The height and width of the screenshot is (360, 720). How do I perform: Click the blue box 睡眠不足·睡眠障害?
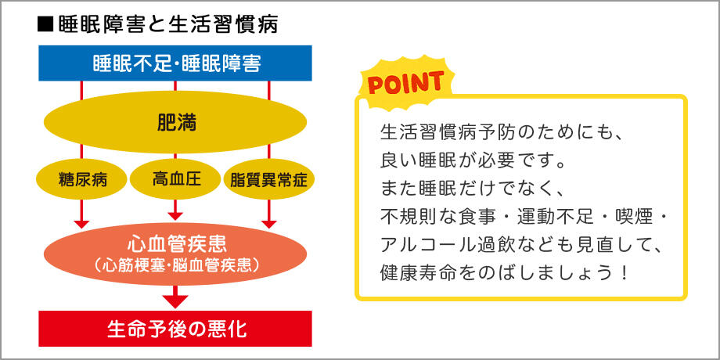(x=175, y=63)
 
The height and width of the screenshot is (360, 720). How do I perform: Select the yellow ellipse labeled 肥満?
(x=175, y=122)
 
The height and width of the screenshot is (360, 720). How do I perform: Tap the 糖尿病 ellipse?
(x=82, y=179)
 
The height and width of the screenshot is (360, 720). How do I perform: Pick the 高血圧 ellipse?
(x=176, y=179)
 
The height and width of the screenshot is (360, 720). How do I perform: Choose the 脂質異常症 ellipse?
(x=269, y=179)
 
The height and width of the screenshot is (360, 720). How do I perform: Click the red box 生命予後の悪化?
(x=175, y=329)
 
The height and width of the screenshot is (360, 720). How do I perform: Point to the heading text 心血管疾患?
(x=176, y=244)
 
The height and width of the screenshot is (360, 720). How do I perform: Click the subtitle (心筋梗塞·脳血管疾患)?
(x=176, y=265)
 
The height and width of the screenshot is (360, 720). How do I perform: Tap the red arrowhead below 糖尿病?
(x=81, y=224)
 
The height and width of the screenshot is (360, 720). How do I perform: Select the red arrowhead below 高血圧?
(x=175, y=216)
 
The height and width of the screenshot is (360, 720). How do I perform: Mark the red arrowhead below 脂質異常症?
(x=268, y=224)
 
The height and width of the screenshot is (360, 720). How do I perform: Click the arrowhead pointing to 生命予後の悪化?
(x=175, y=301)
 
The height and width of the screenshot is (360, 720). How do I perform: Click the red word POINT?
(x=406, y=83)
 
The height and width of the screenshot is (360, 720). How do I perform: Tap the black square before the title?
(x=45, y=25)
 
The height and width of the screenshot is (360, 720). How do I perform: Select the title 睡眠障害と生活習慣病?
(x=168, y=25)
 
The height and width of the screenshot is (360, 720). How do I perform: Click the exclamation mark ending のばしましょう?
(x=623, y=274)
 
